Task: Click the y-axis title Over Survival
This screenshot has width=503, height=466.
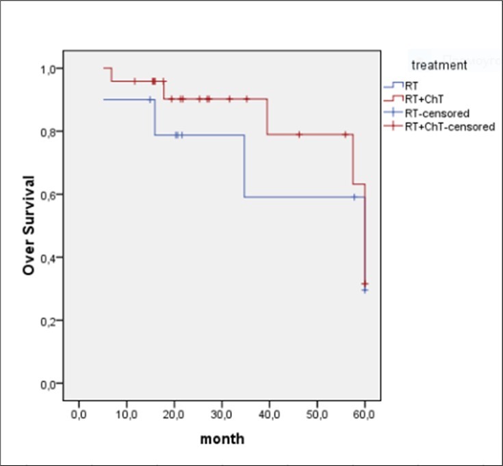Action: pyautogui.click(x=29, y=225)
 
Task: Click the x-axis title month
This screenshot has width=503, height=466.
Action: pyautogui.click(x=222, y=439)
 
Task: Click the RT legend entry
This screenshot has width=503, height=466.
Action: pyautogui.click(x=412, y=86)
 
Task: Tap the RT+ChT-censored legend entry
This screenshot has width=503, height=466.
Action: pyautogui.click(x=449, y=126)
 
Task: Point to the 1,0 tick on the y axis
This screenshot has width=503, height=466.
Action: pyautogui.click(x=48, y=69)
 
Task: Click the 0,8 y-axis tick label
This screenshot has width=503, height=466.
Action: pyautogui.click(x=48, y=132)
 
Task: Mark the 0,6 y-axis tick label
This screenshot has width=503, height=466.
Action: pyautogui.click(x=48, y=195)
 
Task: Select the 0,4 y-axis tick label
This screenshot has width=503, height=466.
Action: pyautogui.click(x=48, y=258)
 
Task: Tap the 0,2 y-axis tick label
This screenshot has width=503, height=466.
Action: pyautogui.click(x=48, y=320)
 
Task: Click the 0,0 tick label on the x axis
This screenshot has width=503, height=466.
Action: pyautogui.click(x=79, y=414)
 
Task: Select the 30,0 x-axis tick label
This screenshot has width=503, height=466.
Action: pyautogui.click(x=222, y=414)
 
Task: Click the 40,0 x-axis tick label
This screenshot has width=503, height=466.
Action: pyautogui.click(x=270, y=414)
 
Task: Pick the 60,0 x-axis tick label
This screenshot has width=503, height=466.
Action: pyautogui.click(x=365, y=414)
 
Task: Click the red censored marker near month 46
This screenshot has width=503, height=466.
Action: pyautogui.click(x=299, y=135)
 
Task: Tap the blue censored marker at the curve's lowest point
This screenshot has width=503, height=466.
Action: pyautogui.click(x=365, y=290)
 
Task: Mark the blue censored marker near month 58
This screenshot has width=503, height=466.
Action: pyautogui.click(x=354, y=197)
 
